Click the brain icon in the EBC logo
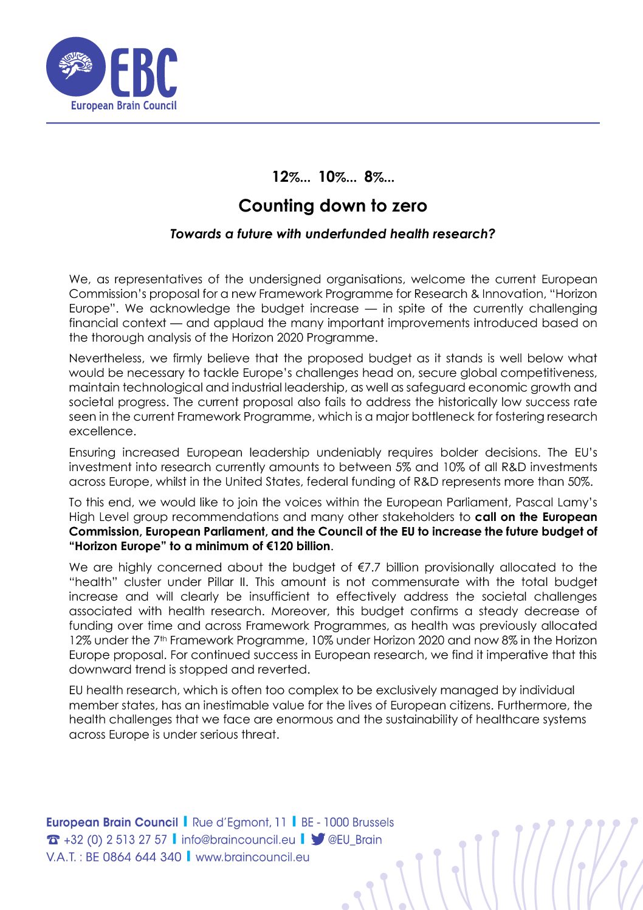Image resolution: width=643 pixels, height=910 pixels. pos(75,65)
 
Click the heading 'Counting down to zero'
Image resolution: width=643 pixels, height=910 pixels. pos(332,205)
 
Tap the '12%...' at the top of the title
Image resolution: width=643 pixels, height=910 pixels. pos(291,177)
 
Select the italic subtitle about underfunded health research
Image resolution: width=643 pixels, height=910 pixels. pos(332,234)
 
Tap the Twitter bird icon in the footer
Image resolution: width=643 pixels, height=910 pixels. pos(317,839)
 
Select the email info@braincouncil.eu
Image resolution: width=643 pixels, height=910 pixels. pos(238,839)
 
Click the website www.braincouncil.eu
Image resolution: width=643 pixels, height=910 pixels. pos(252,857)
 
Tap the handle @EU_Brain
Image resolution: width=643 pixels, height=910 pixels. pos(355,839)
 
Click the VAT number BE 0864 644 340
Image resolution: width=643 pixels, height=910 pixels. pos(133,857)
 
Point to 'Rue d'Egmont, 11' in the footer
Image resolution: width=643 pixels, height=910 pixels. pos(239,822)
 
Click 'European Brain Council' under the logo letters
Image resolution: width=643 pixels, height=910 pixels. pos(123,106)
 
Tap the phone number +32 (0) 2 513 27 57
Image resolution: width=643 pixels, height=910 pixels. pos(115,839)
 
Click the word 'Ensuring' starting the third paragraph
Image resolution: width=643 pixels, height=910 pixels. pos(92,452)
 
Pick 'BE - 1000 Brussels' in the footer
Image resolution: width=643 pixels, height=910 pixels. pos(347,822)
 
